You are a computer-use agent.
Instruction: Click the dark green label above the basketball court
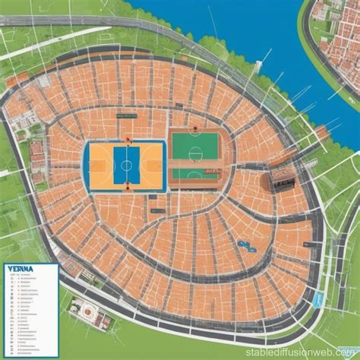pos(123,116)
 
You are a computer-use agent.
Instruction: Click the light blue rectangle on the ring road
pos(319,301)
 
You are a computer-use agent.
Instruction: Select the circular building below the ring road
pos(90,309)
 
